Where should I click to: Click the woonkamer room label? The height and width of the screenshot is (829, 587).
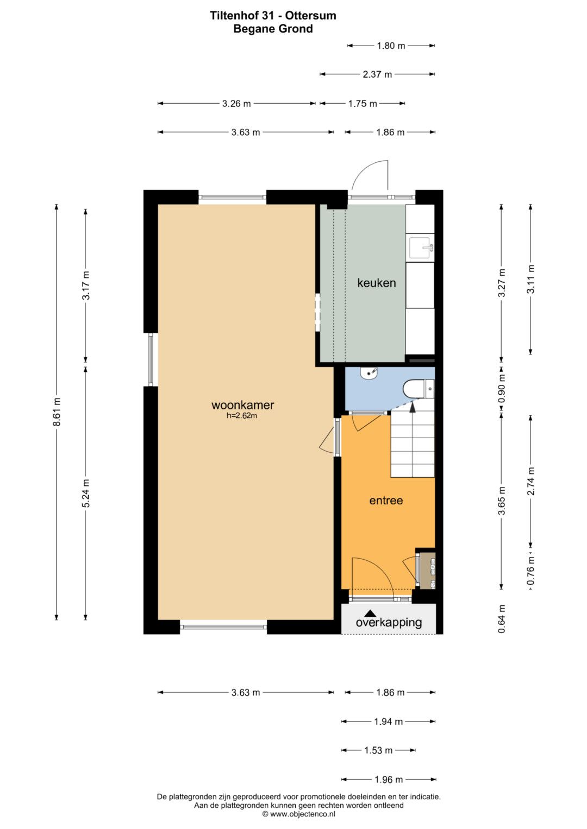pyautogui.click(x=243, y=405)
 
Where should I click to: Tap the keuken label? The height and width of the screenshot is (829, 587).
pyautogui.click(x=377, y=283)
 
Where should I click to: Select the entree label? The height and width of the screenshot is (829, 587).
pyautogui.click(x=386, y=501)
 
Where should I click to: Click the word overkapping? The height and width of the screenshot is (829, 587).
pyautogui.click(x=389, y=623)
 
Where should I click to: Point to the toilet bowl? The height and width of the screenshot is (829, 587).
pyautogui.click(x=419, y=389)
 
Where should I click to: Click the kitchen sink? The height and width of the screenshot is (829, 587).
pyautogui.click(x=421, y=248)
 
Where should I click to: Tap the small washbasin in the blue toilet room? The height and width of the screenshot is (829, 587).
pyautogui.click(x=369, y=372)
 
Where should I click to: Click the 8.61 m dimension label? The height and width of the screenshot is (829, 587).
pyautogui.click(x=57, y=412)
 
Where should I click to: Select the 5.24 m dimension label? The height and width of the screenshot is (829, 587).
pyautogui.click(x=86, y=493)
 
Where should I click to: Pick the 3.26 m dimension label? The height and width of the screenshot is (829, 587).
pyautogui.click(x=236, y=104)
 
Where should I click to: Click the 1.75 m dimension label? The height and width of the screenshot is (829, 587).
pyautogui.click(x=363, y=104)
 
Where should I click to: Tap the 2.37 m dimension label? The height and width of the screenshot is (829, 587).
pyautogui.click(x=377, y=74)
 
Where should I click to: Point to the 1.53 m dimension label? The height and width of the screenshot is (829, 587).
pyautogui.click(x=378, y=750)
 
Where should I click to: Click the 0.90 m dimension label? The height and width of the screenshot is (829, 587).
pyautogui.click(x=502, y=389)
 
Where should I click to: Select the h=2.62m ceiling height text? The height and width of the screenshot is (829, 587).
pyautogui.click(x=242, y=416)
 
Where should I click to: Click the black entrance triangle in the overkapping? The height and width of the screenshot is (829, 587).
pyautogui.click(x=370, y=613)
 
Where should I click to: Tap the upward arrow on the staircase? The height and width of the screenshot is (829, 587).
pyautogui.click(x=412, y=407)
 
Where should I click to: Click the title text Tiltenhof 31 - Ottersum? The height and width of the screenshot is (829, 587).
pyautogui.click(x=273, y=16)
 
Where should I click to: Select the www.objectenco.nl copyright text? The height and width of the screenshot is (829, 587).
pyautogui.click(x=299, y=814)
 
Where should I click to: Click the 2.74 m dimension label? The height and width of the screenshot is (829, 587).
pyautogui.click(x=531, y=481)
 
